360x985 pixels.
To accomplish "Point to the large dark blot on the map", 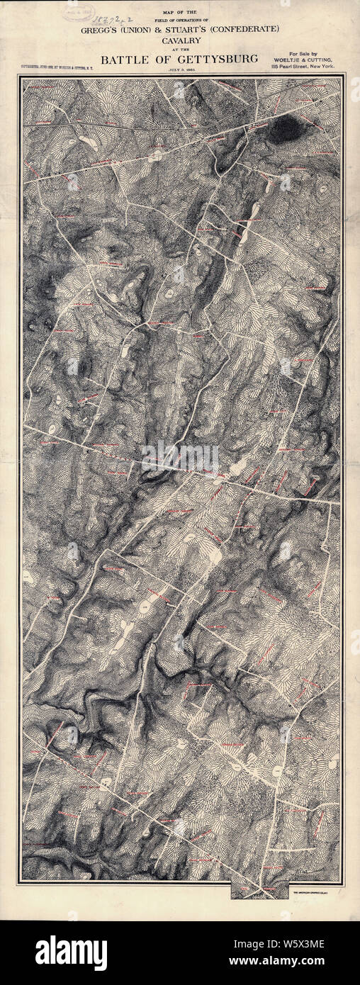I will (x=286, y=130).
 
